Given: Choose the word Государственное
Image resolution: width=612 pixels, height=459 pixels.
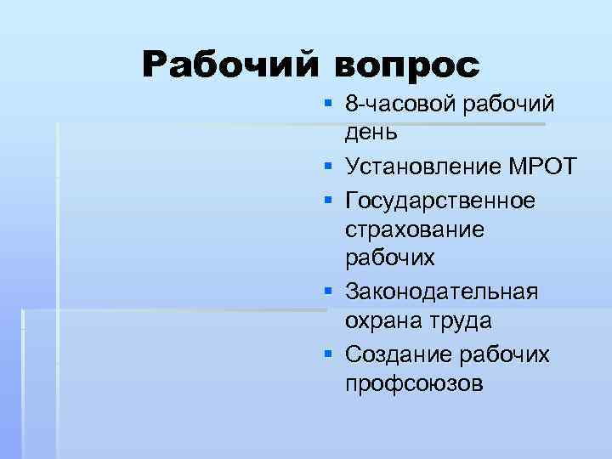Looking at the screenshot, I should click(440, 201).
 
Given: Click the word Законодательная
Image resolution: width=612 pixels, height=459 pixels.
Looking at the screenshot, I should click(441, 292).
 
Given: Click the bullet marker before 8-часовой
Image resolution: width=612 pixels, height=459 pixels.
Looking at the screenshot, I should click(327, 105).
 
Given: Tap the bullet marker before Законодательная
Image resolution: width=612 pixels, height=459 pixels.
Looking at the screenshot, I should click(327, 292).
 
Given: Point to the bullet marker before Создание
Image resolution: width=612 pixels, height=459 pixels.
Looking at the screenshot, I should click(327, 353).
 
